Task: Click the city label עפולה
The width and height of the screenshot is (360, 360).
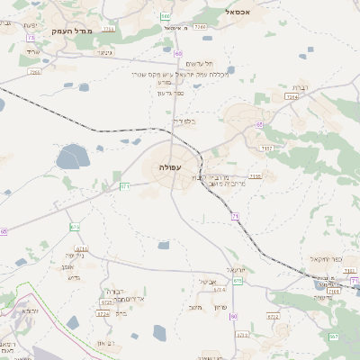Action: pyautogui.click(x=169, y=167)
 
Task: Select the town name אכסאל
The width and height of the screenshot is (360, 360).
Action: pyautogui.click(x=245, y=13)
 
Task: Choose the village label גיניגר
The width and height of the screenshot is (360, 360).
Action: pyautogui.click(x=104, y=53)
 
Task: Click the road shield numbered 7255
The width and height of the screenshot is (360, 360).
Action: pyautogui.click(x=256, y=175)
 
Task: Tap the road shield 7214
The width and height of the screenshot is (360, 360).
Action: pyautogui.click(x=292, y=96)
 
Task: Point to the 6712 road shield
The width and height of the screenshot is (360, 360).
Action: pyautogui.click(x=82, y=248)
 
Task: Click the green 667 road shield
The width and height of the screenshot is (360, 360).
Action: pyautogui.click(x=333, y=336)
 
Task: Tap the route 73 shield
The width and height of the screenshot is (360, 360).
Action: pyautogui.click(x=31, y=38)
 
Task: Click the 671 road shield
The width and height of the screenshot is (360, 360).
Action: pyautogui.click(x=125, y=185)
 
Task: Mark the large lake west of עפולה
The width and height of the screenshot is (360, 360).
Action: pyautogui.click(x=72, y=159)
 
